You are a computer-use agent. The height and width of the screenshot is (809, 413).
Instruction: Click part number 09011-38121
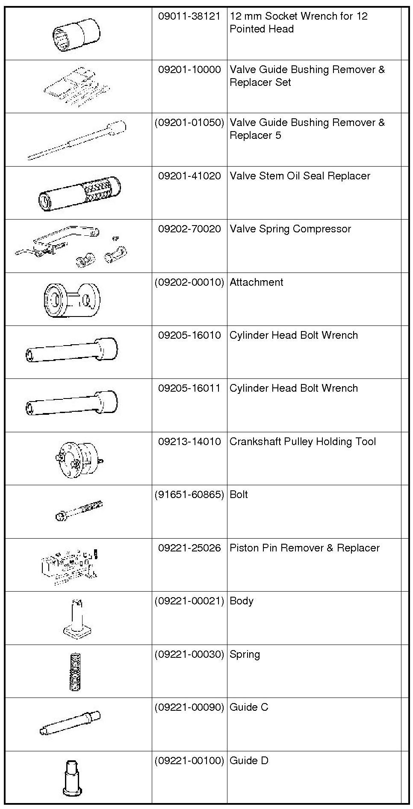point(189,17)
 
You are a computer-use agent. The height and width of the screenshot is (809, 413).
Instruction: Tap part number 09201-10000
point(189,70)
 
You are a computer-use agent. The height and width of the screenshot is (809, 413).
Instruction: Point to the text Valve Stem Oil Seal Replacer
point(300,176)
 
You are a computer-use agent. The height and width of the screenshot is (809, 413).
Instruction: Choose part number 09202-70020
point(189,229)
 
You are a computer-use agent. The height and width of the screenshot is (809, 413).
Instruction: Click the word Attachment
point(256,282)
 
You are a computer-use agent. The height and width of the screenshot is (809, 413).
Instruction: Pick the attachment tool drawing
point(72,299)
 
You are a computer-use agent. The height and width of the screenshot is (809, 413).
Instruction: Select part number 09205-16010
point(189,335)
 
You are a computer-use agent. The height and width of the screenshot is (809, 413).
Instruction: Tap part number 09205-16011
point(189,388)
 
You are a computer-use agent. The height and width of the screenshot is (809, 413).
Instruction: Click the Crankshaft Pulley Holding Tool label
point(303,442)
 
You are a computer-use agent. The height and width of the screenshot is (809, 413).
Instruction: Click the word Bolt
point(239,495)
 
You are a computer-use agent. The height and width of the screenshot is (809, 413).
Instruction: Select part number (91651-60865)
point(189,495)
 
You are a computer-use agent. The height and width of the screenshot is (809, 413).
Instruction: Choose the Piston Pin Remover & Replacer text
point(304,548)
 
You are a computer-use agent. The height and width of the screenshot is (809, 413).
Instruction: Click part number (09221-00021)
point(189,601)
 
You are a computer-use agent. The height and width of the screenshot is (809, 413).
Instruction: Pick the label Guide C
point(249,707)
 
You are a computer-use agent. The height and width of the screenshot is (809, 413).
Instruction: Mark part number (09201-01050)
point(189,123)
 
